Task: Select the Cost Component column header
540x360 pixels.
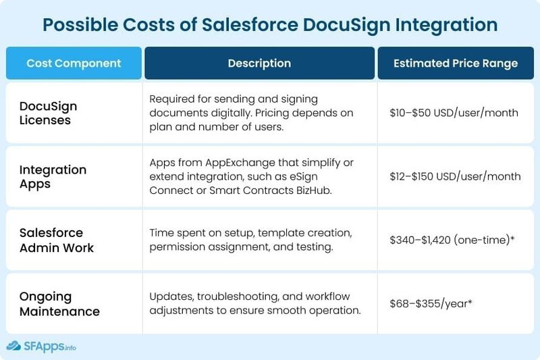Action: tap(74, 63)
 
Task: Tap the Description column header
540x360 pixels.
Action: tap(259, 63)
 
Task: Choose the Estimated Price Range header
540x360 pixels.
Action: tap(456, 63)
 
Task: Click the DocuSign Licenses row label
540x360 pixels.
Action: tap(48, 113)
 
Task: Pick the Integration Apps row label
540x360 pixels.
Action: tap(53, 177)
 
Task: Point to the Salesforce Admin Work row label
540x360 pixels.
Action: tap(57, 240)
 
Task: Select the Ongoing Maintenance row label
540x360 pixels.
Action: tap(59, 304)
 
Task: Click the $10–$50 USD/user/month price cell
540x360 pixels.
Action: tap(454, 113)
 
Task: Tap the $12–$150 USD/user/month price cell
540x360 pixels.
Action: tap(455, 176)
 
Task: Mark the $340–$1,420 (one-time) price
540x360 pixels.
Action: tap(452, 240)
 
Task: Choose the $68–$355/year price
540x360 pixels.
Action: tap(431, 303)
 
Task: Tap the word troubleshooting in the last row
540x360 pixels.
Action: tap(238, 297)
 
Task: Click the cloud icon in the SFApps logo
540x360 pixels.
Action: tap(13, 346)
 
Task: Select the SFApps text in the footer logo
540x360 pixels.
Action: tap(44, 346)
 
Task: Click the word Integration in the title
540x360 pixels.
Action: tap(446, 26)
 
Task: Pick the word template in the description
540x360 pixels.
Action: tap(277, 233)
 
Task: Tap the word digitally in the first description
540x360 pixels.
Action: tap(231, 113)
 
